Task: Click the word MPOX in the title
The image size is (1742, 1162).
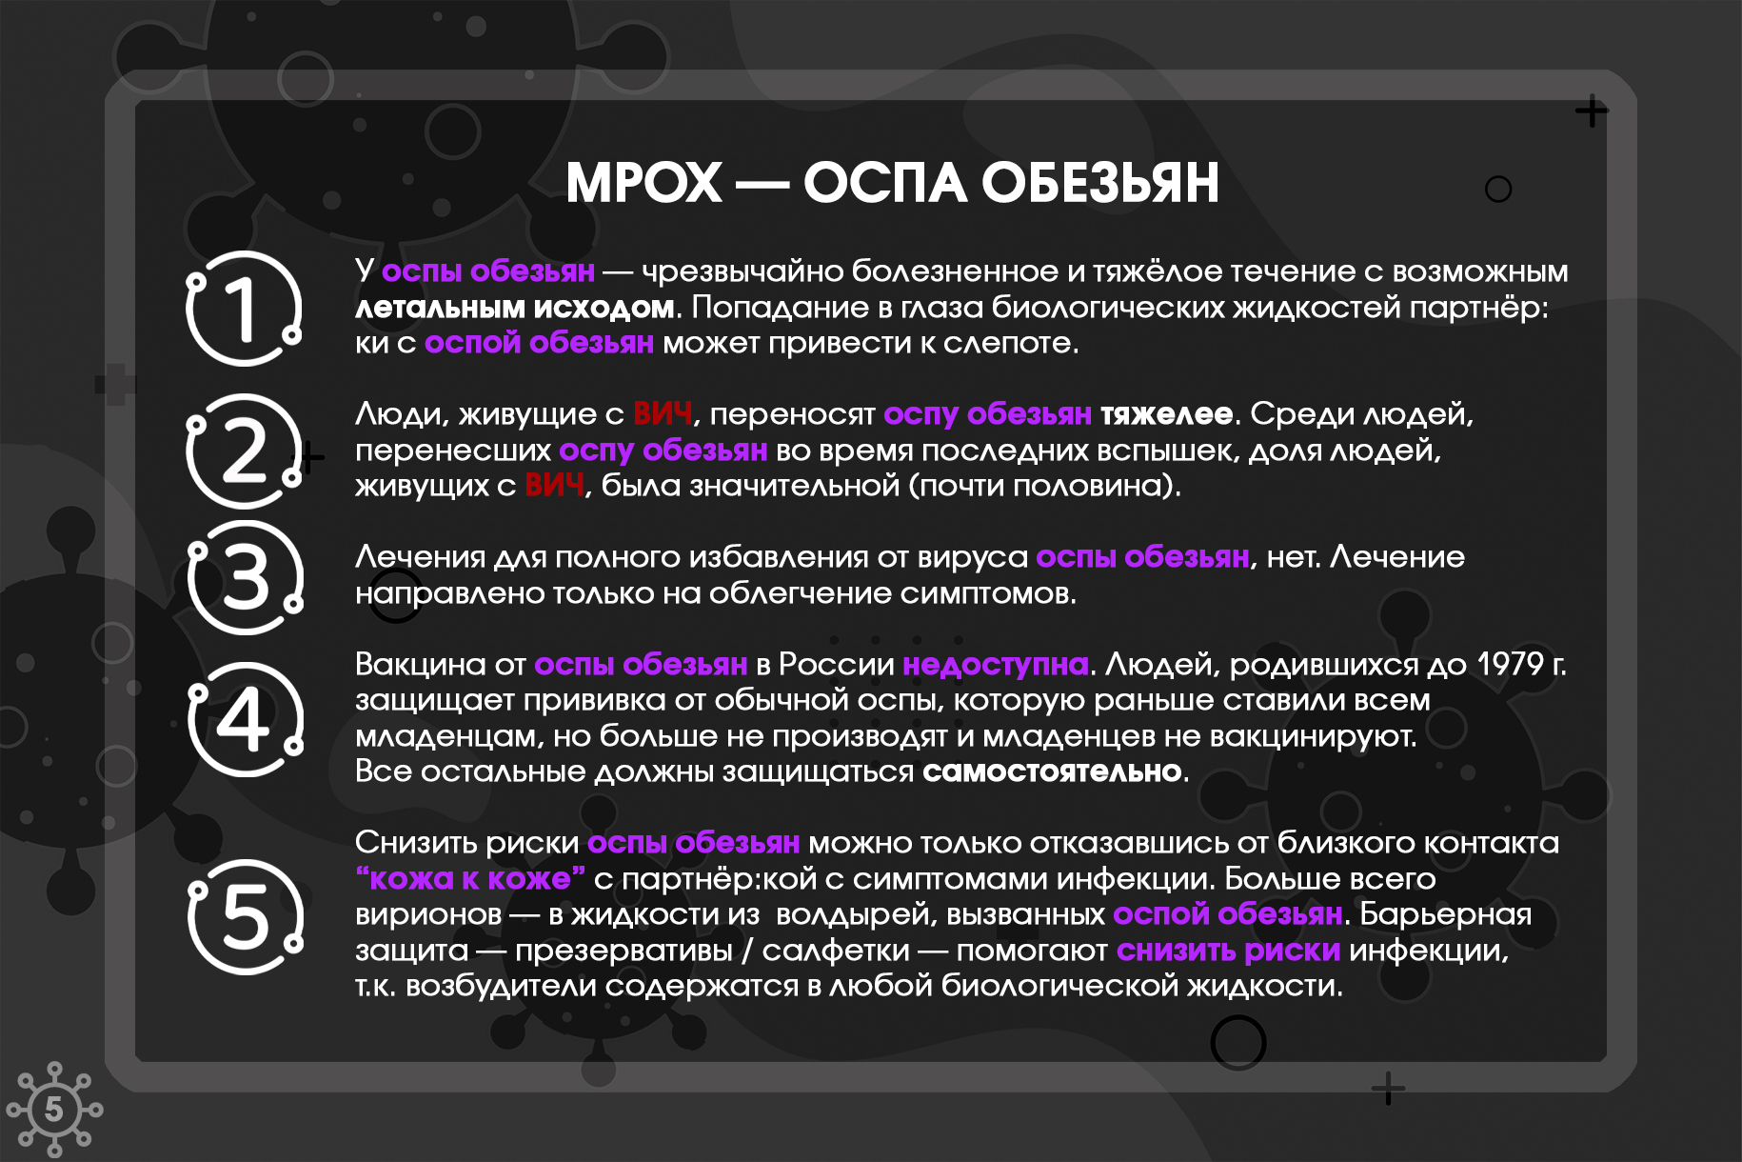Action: tap(644, 182)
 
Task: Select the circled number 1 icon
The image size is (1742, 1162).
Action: tap(244, 308)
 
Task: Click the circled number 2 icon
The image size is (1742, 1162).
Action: tap(244, 451)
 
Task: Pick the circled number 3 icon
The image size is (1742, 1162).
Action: tap(245, 577)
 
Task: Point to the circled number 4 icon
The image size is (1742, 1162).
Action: tap(245, 719)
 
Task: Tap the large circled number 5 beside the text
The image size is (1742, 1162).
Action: tap(245, 916)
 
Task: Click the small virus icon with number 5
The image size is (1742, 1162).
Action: tap(54, 1110)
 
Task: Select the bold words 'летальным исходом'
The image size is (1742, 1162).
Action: tap(515, 308)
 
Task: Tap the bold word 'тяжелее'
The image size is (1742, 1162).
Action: tap(1166, 414)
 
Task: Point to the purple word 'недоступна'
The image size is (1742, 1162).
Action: tap(996, 664)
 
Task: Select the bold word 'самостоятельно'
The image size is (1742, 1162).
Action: tap(1052, 771)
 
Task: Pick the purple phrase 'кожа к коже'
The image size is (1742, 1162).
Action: tap(469, 878)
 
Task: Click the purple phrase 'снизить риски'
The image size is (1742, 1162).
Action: tap(1228, 950)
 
